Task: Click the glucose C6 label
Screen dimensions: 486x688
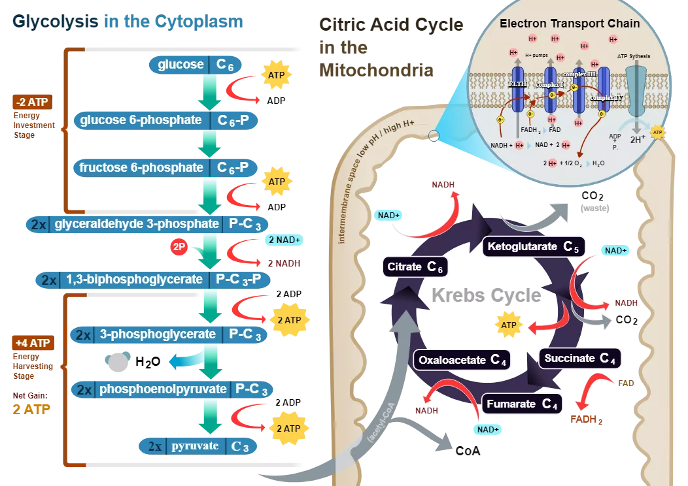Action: tap(196, 65)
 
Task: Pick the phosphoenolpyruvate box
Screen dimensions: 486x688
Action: tap(173, 390)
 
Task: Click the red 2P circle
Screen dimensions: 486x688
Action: tap(179, 248)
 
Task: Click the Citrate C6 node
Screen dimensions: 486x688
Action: tap(415, 267)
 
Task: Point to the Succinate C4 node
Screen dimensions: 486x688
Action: tap(579, 358)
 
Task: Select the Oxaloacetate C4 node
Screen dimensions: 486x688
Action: tap(462, 360)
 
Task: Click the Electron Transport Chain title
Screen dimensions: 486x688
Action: tap(570, 24)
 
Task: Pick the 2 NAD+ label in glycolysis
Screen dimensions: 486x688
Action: tap(284, 240)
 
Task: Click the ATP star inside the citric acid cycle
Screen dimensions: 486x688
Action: tap(509, 325)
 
